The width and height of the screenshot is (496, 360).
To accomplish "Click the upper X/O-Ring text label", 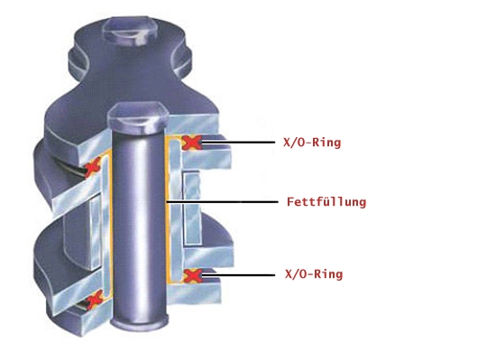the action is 312,143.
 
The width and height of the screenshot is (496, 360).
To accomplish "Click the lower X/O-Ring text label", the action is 314,273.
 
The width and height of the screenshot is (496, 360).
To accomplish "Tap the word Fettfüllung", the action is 326,202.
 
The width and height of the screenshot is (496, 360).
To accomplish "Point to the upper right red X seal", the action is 191,143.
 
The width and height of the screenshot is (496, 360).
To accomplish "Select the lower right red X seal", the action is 192,275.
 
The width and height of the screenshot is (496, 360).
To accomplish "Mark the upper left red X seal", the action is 93,167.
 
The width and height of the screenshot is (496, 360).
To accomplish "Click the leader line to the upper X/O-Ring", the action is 238,143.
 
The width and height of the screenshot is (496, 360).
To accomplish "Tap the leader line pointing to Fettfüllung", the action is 222,201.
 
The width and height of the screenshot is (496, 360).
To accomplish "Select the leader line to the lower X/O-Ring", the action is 238,275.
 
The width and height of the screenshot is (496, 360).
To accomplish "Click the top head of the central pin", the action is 138,117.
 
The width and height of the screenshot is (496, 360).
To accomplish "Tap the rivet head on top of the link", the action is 132,31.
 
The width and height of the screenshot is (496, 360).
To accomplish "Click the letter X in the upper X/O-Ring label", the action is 287,143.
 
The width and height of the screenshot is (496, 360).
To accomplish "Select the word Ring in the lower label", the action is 329,274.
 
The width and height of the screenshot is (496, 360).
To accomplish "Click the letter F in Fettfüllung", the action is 290,201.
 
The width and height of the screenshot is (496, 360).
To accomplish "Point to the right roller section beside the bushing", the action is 192,208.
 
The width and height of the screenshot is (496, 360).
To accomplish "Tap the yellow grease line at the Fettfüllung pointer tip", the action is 167,201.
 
